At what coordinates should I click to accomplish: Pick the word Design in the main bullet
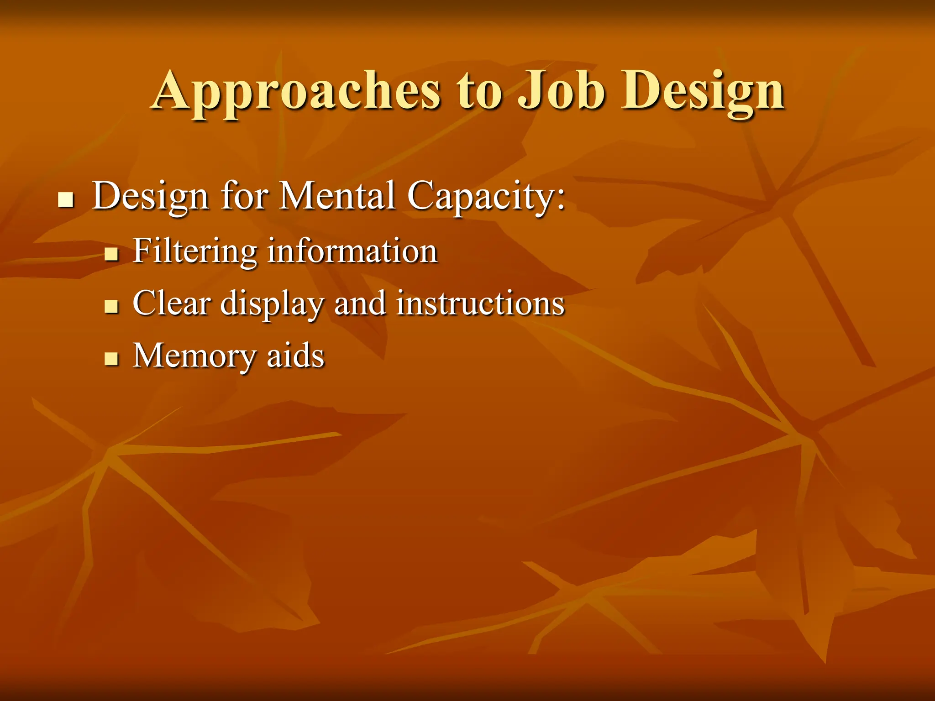[x=151, y=196]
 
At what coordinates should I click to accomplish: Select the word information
[x=352, y=251]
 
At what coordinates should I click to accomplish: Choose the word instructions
[x=480, y=303]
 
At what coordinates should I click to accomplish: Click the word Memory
[x=194, y=356]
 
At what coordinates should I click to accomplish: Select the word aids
[x=295, y=356]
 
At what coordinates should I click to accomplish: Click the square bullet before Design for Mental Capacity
[x=66, y=200]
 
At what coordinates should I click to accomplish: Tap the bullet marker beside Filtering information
[x=111, y=254]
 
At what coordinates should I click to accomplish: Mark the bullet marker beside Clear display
[x=111, y=306]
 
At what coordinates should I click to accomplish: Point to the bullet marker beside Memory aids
[x=111, y=359]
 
